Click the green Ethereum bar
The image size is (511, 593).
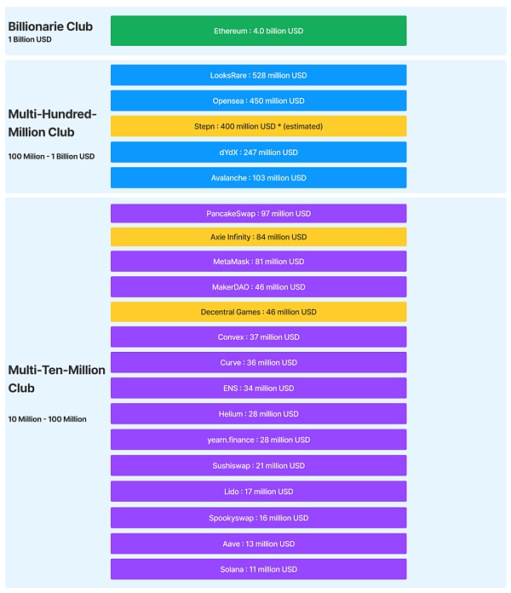click(259, 31)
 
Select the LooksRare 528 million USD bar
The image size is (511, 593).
click(259, 75)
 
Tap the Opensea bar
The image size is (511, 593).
click(259, 101)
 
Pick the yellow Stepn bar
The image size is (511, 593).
click(259, 126)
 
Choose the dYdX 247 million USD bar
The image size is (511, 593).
click(259, 152)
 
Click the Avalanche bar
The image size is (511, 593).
click(259, 178)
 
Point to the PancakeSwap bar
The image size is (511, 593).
click(259, 213)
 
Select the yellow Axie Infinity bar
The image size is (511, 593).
click(259, 237)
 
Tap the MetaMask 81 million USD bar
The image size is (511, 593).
click(259, 262)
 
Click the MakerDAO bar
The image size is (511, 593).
click(259, 286)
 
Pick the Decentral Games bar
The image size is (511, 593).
click(259, 312)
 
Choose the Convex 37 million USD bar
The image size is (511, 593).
click(259, 337)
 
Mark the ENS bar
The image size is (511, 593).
click(259, 388)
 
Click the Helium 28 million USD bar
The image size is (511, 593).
click(259, 414)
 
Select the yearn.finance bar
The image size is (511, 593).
click(259, 440)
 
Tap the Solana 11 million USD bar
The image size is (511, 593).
click(259, 569)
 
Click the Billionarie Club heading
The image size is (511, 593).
click(50, 26)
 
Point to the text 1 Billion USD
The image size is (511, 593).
click(30, 39)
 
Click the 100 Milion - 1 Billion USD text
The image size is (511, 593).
click(51, 156)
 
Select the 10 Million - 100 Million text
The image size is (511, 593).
click(47, 419)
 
